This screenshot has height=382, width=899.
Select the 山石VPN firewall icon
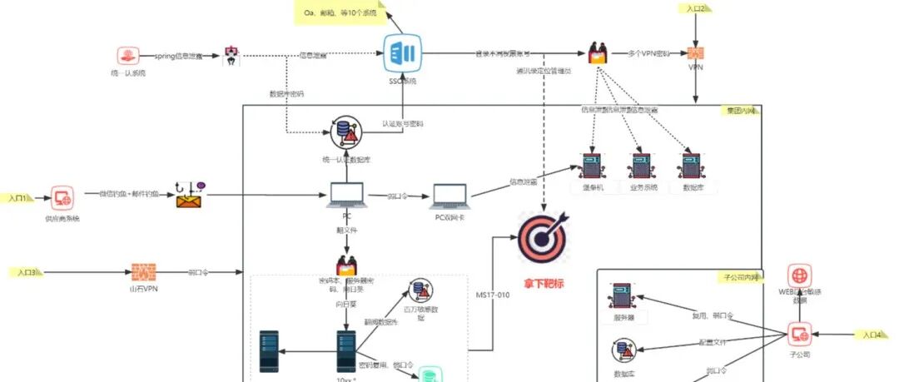(x=144, y=272)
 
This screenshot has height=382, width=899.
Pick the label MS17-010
(x=492, y=293)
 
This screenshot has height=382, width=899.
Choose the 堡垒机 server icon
(x=592, y=166)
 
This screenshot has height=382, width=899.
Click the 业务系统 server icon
(x=643, y=166)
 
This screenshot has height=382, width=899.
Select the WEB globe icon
(x=800, y=275)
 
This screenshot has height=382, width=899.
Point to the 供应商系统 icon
(x=62, y=198)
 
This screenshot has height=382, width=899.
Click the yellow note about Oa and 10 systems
(x=340, y=13)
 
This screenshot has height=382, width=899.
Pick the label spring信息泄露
(x=179, y=56)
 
